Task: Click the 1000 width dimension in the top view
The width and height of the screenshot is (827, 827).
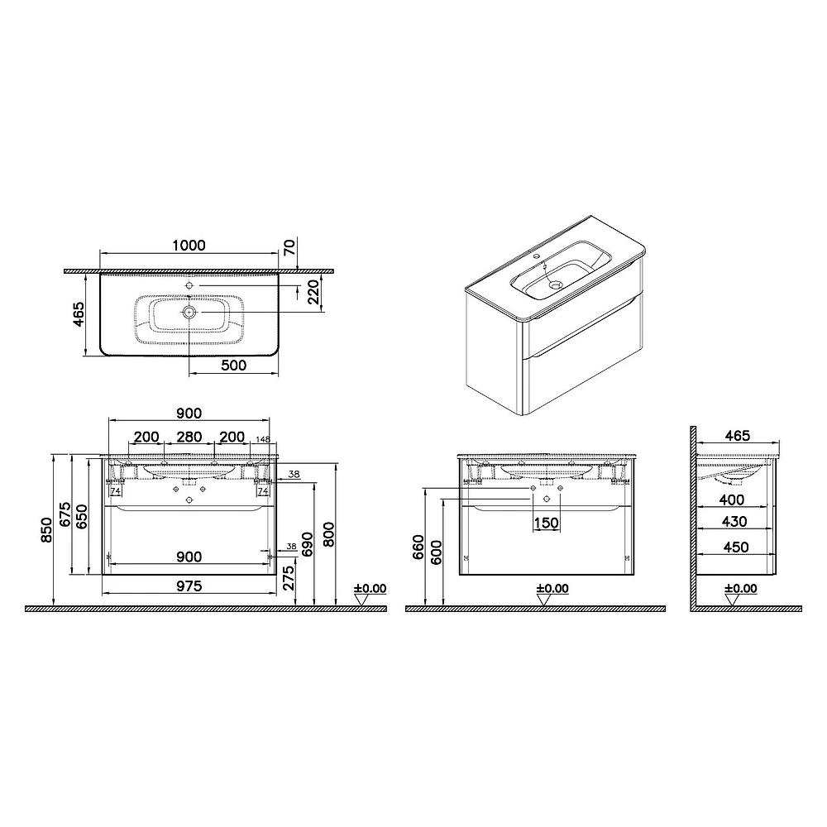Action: pyautogui.click(x=189, y=246)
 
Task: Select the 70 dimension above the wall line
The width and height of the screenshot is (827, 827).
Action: pyautogui.click(x=290, y=246)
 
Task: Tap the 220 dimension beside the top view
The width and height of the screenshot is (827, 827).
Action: pyautogui.click(x=313, y=292)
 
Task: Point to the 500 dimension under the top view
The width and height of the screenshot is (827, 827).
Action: pyautogui.click(x=234, y=365)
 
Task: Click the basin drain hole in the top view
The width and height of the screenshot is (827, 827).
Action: pyautogui.click(x=189, y=313)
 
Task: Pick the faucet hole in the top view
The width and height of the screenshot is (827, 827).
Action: pyautogui.click(x=189, y=285)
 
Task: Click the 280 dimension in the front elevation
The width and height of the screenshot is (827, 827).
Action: pyautogui.click(x=189, y=437)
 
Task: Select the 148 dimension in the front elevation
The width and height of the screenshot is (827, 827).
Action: pyautogui.click(x=263, y=439)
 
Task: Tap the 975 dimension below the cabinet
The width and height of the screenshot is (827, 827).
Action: pyautogui.click(x=189, y=586)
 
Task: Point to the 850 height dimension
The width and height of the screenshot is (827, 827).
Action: pyautogui.click(x=46, y=530)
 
